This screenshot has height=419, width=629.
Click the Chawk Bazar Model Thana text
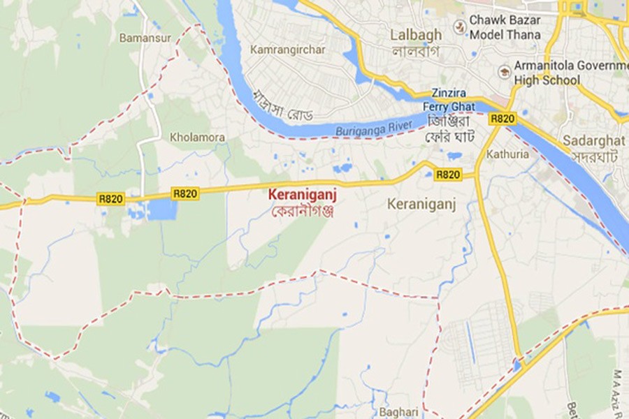coord(505,27)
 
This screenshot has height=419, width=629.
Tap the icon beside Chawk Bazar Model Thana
coord(459,27)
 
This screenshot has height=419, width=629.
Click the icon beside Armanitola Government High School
coord(505,72)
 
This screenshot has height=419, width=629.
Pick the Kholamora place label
coord(198,138)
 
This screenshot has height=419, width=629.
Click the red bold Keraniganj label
coord(303,196)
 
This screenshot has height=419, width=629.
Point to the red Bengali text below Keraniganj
coord(303,210)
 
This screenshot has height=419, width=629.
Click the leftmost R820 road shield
coord(111,199)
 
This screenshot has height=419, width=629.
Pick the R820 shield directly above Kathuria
coord(502,119)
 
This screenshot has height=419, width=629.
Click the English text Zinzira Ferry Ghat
coord(453,99)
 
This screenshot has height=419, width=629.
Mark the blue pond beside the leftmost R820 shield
coord(159,209)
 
